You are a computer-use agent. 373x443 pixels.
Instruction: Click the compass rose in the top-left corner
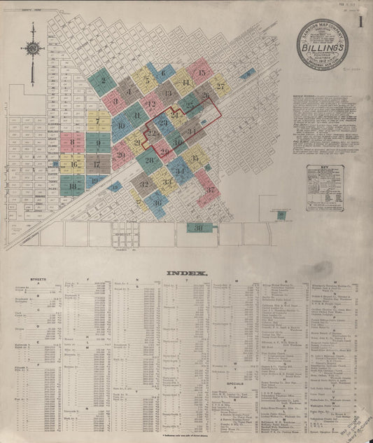(33, 49)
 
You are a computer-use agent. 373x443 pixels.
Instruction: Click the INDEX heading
(185, 273)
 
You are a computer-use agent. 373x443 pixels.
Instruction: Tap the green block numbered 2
(103, 81)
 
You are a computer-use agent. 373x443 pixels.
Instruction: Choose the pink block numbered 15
(201, 70)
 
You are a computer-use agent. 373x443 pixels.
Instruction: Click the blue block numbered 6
(164, 71)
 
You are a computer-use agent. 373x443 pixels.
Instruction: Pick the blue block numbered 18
(73, 186)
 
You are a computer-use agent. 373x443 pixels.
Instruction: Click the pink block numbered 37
(209, 189)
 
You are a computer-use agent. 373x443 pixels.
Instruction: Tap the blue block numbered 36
(157, 203)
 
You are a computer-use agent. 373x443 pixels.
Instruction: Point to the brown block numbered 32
(144, 185)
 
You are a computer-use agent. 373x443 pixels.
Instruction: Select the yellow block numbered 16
(73, 165)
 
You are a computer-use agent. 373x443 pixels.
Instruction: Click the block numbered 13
(167, 90)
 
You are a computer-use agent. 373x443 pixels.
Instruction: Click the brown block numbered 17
(99, 165)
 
